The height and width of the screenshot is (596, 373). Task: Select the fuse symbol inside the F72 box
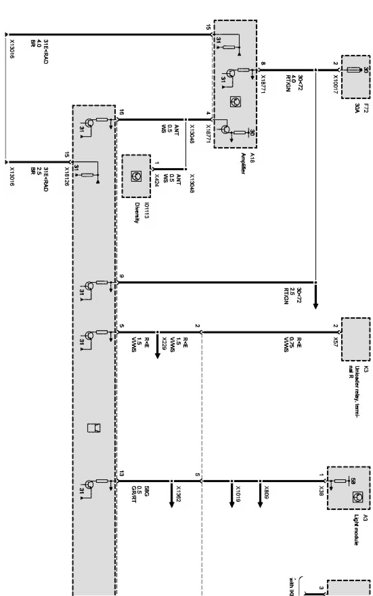354,70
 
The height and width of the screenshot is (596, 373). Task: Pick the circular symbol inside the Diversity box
136,176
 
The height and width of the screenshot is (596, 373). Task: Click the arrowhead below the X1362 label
171,504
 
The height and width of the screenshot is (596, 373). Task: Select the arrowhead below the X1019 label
231,504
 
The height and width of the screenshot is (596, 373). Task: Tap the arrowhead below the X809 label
260,504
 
